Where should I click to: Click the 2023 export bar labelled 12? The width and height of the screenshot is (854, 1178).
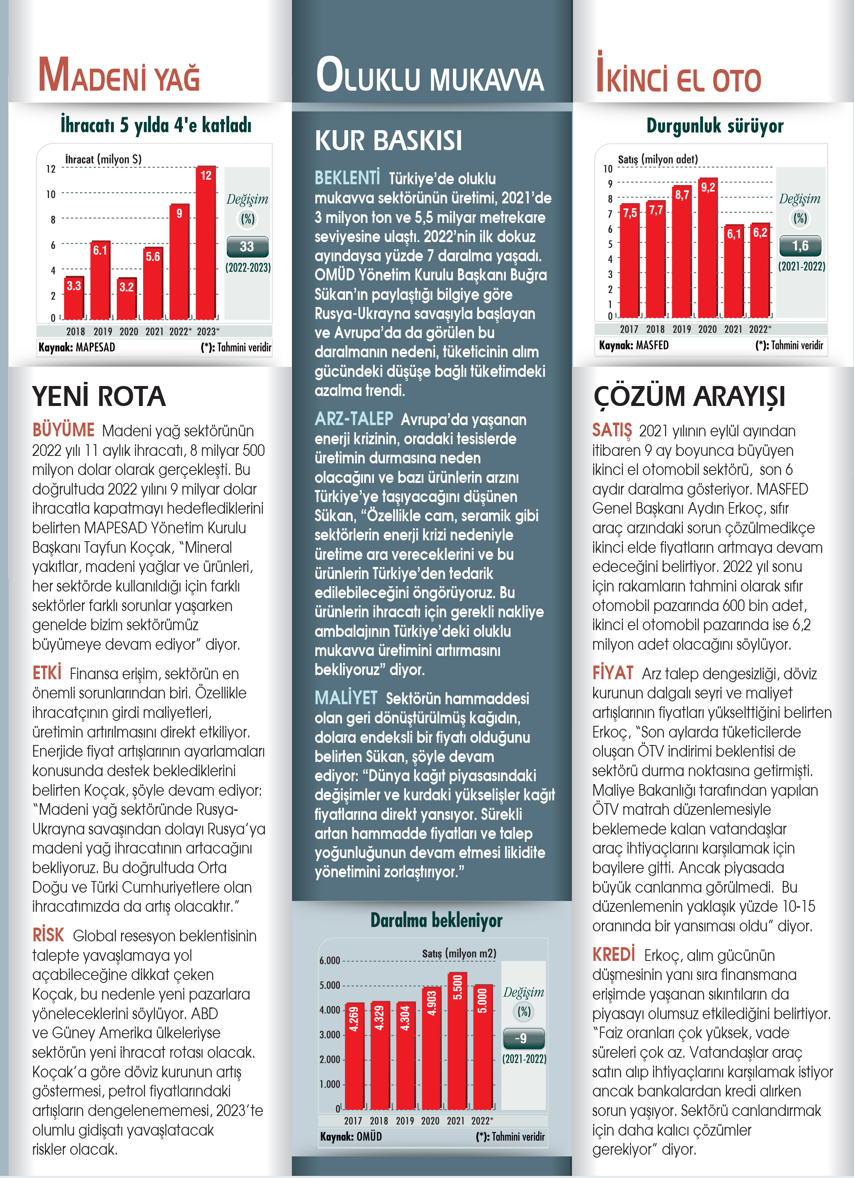point(206,242)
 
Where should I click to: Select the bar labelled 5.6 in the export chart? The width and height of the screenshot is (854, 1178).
point(153,283)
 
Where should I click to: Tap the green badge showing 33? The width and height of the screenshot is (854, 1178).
point(247,247)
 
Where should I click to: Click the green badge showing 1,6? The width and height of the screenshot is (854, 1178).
point(800,246)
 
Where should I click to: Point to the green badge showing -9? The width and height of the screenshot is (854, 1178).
point(524,1038)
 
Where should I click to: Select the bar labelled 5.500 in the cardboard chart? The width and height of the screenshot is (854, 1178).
point(458,1040)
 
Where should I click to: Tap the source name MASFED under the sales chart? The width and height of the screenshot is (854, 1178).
point(652,345)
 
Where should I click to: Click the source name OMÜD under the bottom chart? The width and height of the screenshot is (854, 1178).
point(369,1136)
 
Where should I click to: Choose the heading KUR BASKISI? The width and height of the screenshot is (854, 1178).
point(388,140)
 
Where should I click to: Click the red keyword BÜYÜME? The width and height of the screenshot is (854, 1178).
point(63,430)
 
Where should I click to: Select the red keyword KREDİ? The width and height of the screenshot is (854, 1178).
point(614,954)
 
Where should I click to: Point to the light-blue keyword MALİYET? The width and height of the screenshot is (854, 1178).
point(346,698)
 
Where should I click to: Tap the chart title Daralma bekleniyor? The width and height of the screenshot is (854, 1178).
point(436,921)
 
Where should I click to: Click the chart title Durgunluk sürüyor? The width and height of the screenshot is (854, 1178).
point(715,126)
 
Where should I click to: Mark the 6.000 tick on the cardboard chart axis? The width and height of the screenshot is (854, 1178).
point(329,960)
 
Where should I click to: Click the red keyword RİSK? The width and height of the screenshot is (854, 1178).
point(48,935)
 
